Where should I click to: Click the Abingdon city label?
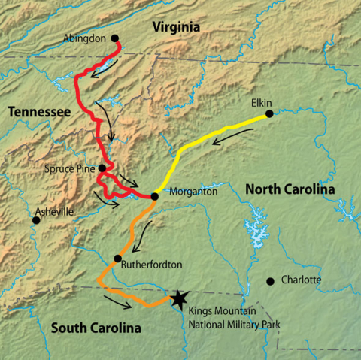click(x=84, y=38)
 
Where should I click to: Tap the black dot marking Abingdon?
click(x=114, y=38)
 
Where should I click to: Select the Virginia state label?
click(x=176, y=28)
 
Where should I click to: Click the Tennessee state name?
click(x=39, y=111)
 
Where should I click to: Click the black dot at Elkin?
click(x=268, y=115)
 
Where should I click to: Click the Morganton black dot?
click(x=154, y=196)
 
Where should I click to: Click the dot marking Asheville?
click(x=35, y=220)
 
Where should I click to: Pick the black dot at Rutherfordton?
click(x=117, y=259)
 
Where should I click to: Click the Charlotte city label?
click(x=301, y=280)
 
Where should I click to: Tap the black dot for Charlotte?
click(x=270, y=281)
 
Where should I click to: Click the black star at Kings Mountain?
click(x=177, y=298)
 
